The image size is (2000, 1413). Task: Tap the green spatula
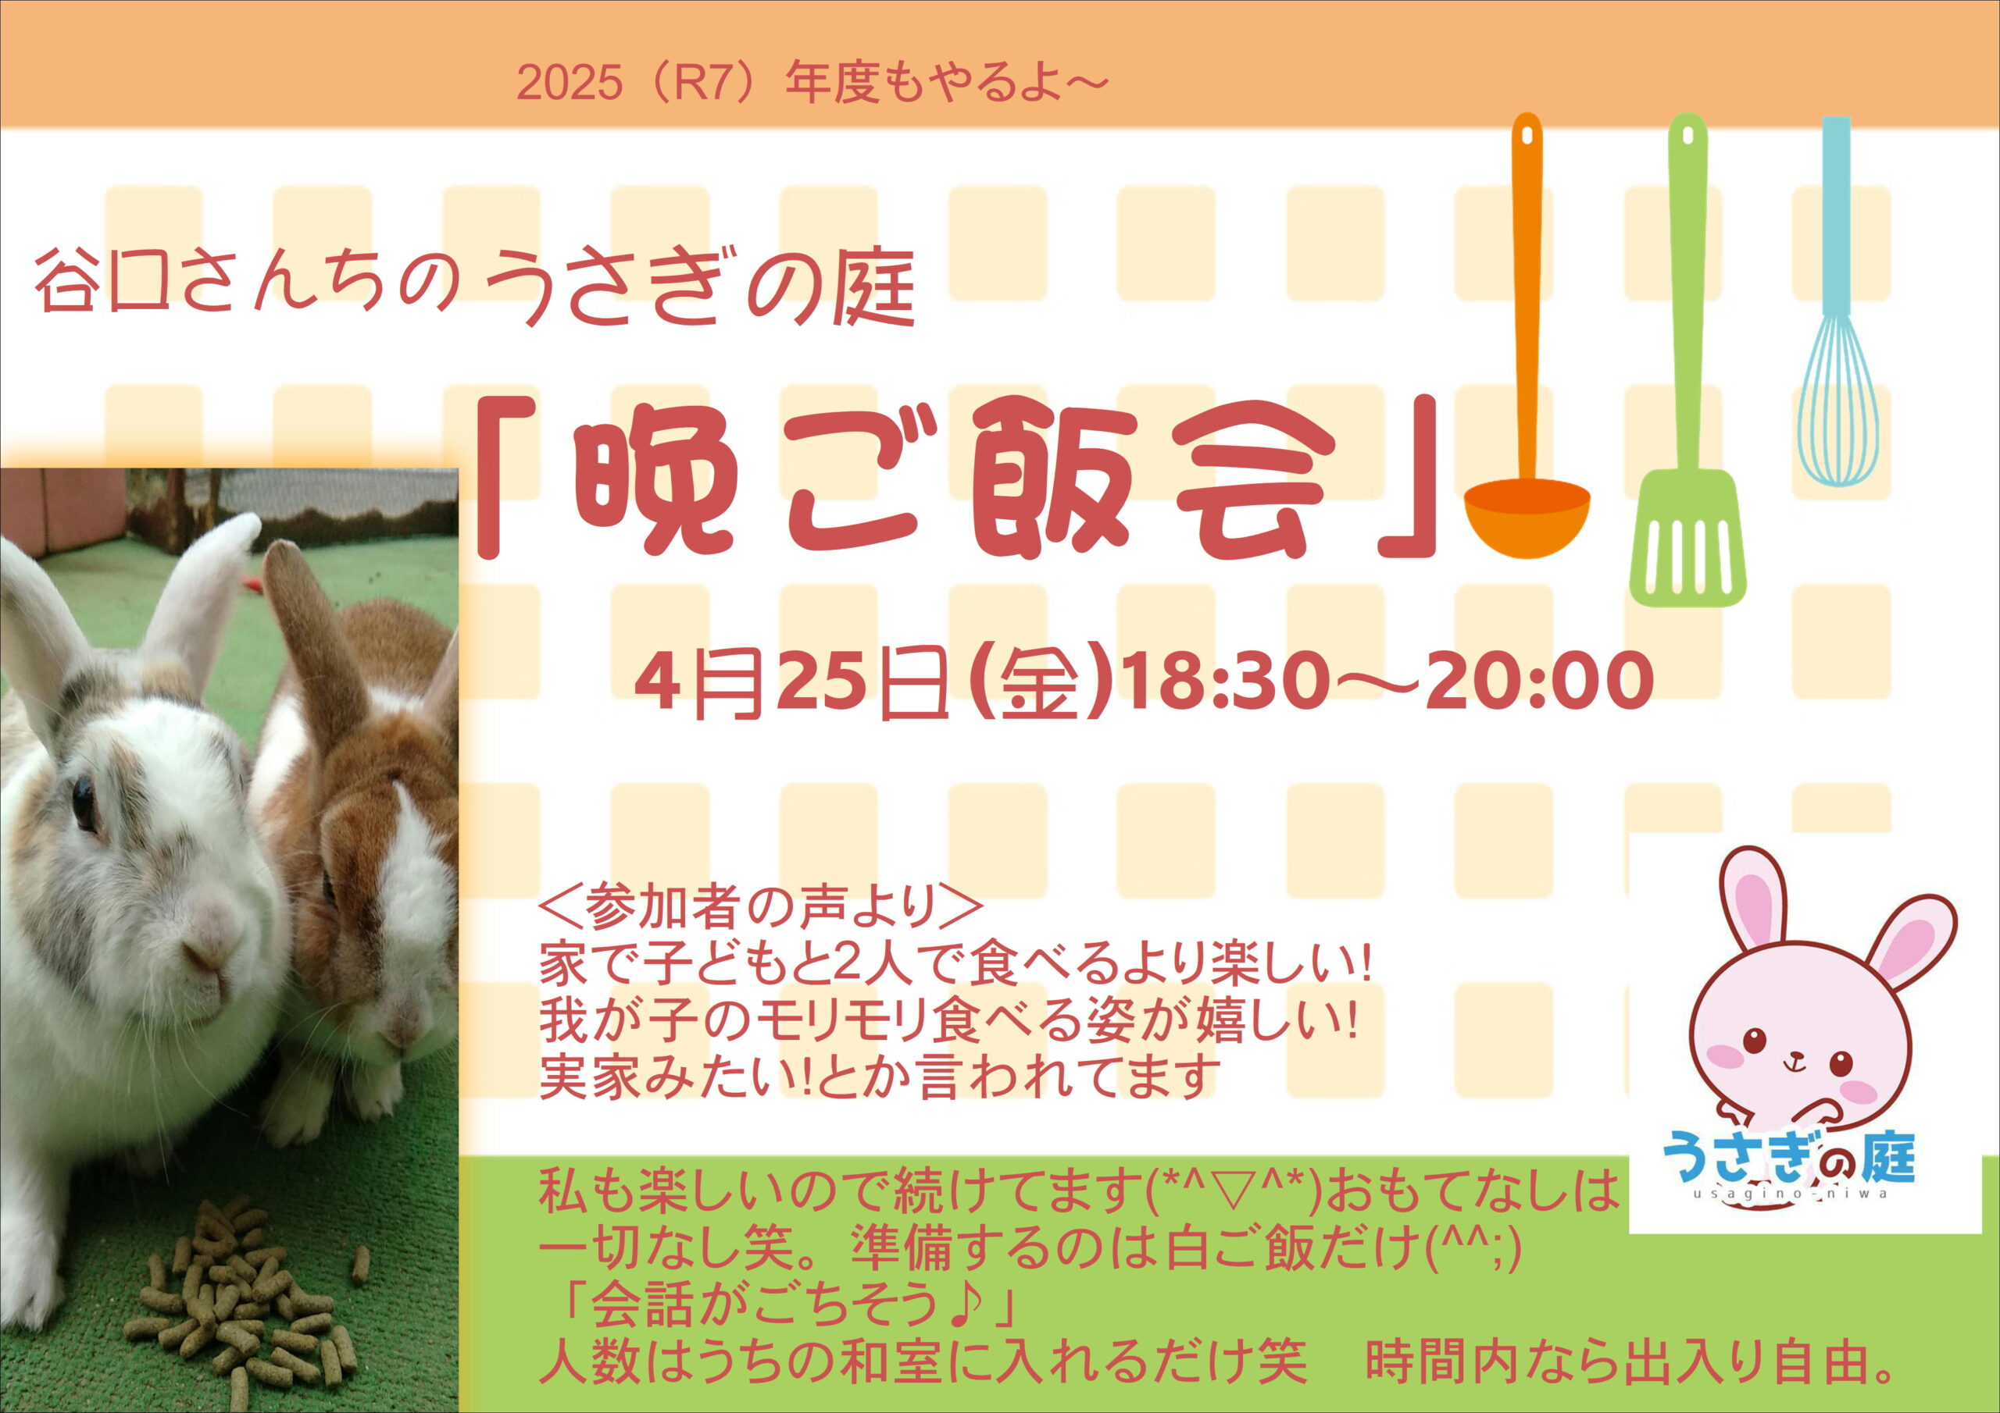point(1687,365)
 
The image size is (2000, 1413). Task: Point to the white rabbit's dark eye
point(84,803)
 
